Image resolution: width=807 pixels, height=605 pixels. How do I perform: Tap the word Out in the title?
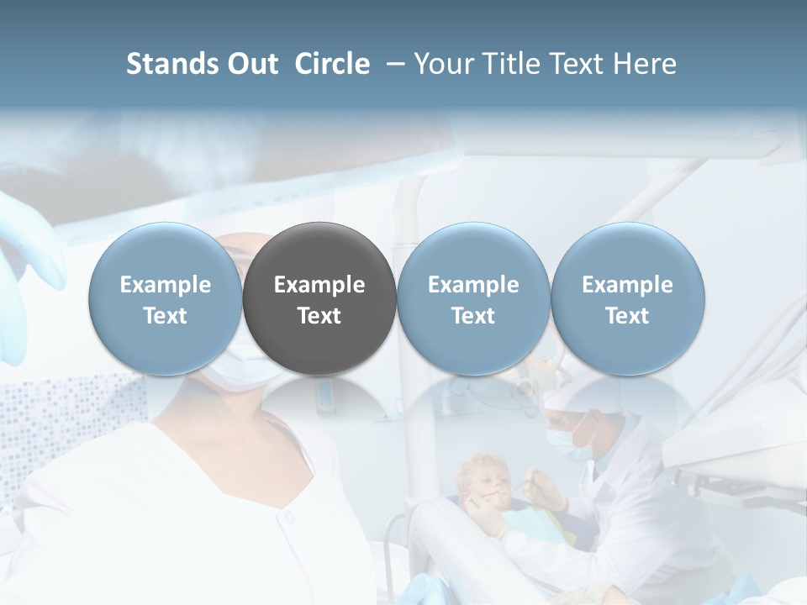(251, 64)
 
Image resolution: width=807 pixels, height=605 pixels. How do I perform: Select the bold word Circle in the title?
(332, 64)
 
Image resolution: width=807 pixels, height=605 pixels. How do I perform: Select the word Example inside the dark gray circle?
(319, 285)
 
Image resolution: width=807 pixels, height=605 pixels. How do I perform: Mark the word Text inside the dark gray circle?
(319, 316)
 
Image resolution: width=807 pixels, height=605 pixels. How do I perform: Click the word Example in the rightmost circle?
(627, 285)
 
